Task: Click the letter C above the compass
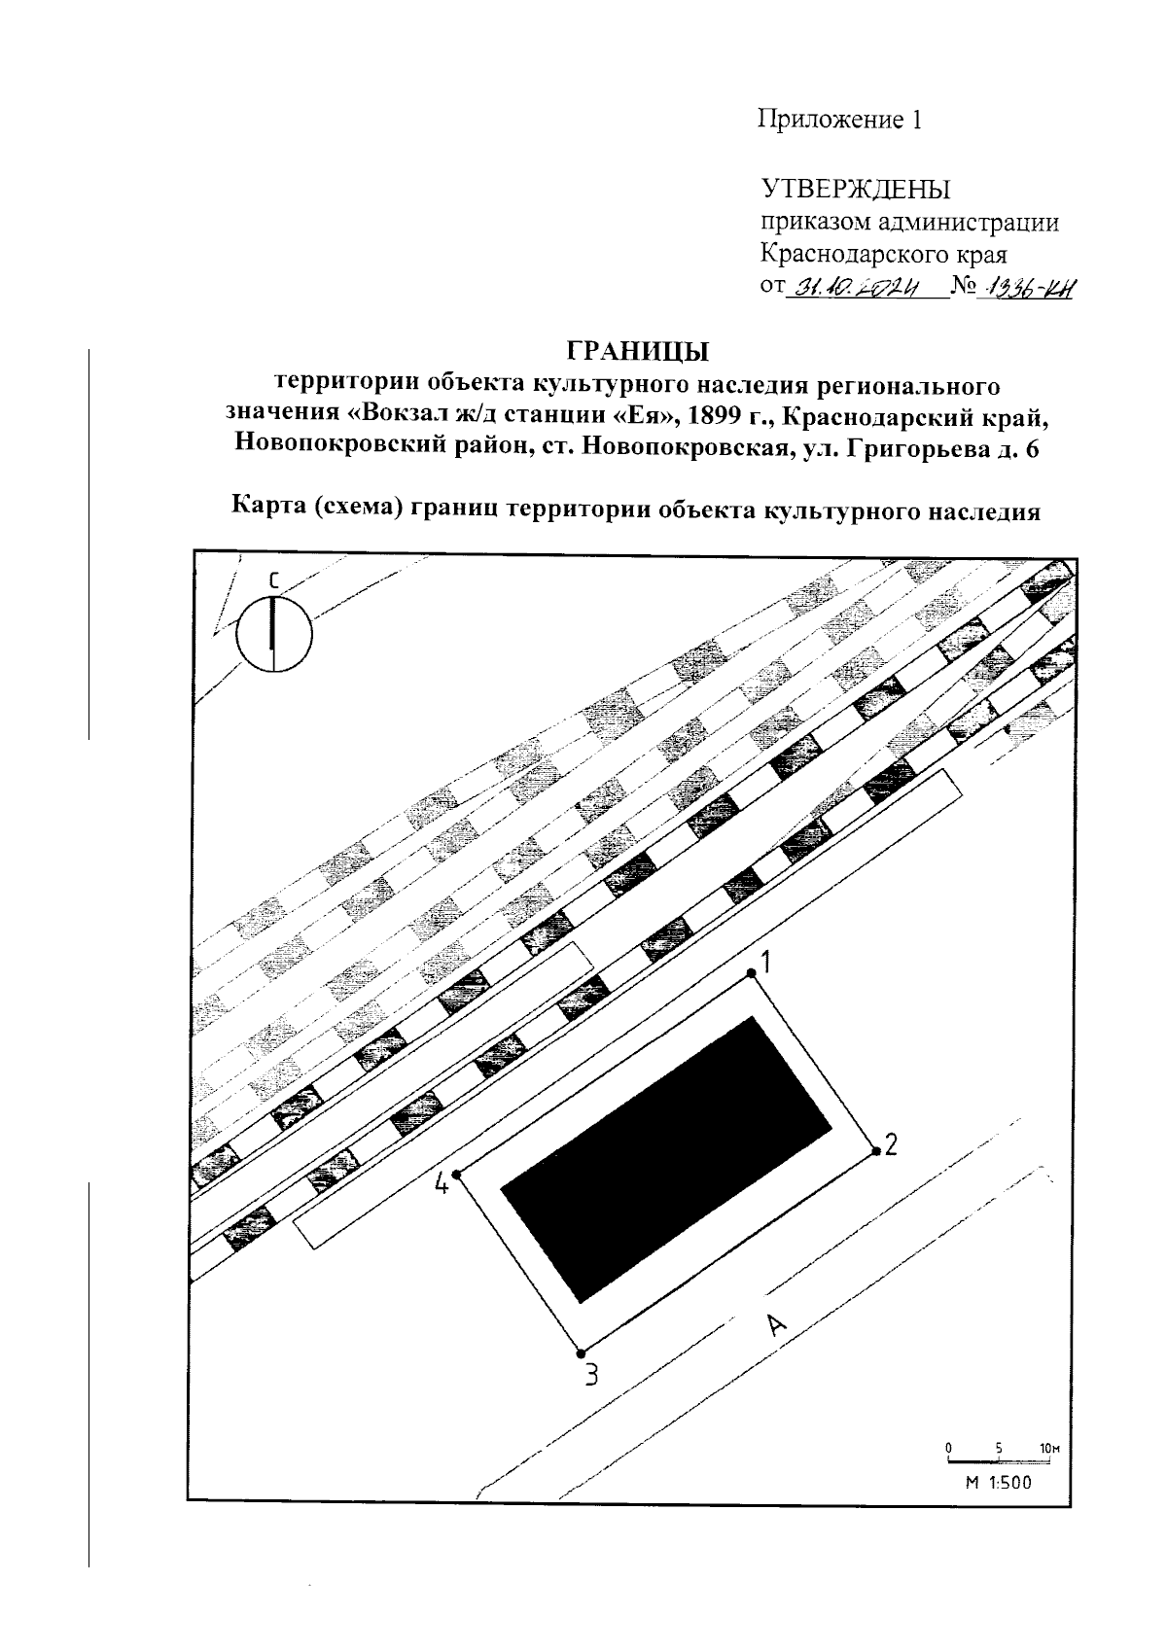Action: [274, 580]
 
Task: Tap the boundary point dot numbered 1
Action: [751, 972]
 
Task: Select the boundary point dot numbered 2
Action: [876, 1152]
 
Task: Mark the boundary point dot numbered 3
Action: [581, 1352]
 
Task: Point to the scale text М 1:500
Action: [998, 1483]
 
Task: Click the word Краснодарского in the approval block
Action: [856, 255]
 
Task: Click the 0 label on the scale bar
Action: [948, 1448]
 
